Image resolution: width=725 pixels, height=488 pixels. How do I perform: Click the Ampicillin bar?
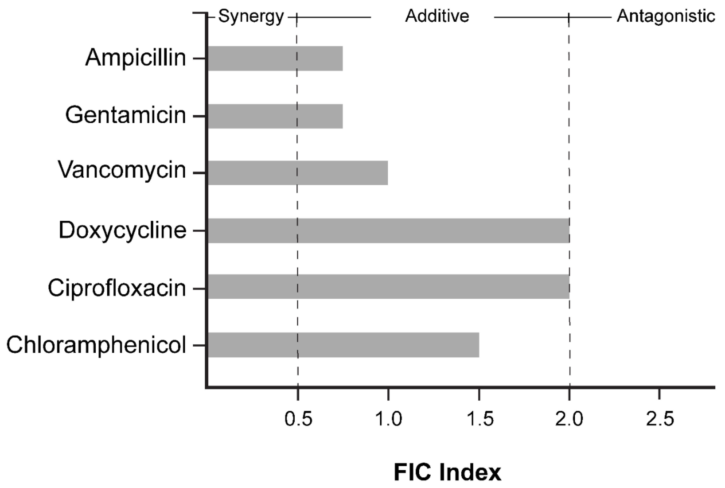[x=275, y=58]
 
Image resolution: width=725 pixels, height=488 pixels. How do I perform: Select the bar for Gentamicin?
[x=275, y=116]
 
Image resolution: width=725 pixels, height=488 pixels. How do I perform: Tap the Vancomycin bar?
[x=298, y=173]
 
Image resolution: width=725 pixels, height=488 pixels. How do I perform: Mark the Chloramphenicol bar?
[x=343, y=345]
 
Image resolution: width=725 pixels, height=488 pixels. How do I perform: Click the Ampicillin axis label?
[x=135, y=58]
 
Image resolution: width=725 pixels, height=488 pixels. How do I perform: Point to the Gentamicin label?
[x=125, y=115]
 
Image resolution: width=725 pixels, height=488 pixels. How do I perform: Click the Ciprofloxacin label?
[x=117, y=288]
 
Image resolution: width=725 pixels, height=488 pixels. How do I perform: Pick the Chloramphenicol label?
[x=96, y=345]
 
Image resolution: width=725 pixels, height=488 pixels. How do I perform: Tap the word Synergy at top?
[x=251, y=16]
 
